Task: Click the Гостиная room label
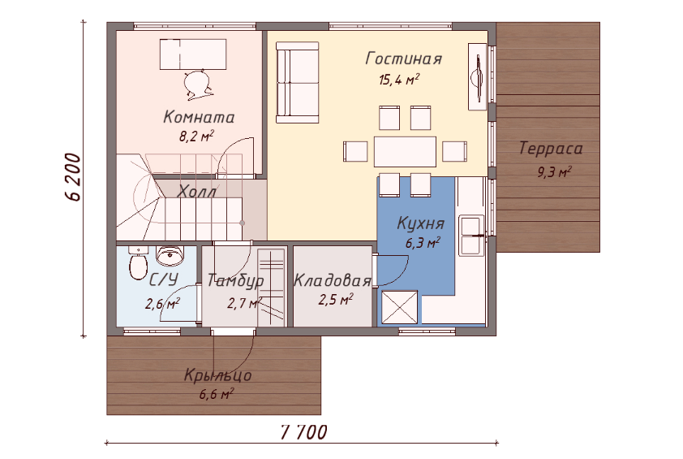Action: tap(404, 58)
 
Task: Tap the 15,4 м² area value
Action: tap(399, 80)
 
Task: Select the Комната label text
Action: tap(199, 117)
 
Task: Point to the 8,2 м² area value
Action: tap(196, 136)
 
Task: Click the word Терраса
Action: tap(551, 149)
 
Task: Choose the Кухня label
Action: tap(421, 223)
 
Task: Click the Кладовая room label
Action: tap(333, 280)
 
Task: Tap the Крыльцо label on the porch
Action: tap(217, 375)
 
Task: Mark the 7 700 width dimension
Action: tap(303, 432)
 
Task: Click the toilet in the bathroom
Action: tap(138, 263)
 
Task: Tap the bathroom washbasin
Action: tap(170, 256)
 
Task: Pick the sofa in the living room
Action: tap(298, 83)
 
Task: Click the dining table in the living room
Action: tap(405, 152)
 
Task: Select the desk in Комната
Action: tap(193, 54)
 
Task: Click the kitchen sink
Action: tap(471, 236)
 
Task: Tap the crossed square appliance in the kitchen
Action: tap(399, 308)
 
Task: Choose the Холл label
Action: tap(197, 191)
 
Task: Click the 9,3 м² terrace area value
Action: tap(554, 172)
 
